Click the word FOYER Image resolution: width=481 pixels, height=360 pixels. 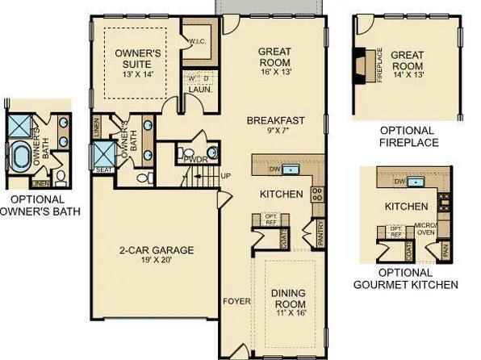pos(236,302)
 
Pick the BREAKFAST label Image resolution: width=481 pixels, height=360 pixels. pos(277,121)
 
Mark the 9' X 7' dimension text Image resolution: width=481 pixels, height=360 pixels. pos(277,132)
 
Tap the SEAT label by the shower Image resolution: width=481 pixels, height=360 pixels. pos(103,169)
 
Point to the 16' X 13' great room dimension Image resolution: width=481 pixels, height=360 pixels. pos(274,72)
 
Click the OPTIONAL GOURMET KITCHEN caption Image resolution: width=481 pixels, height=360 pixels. pos(406,278)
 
